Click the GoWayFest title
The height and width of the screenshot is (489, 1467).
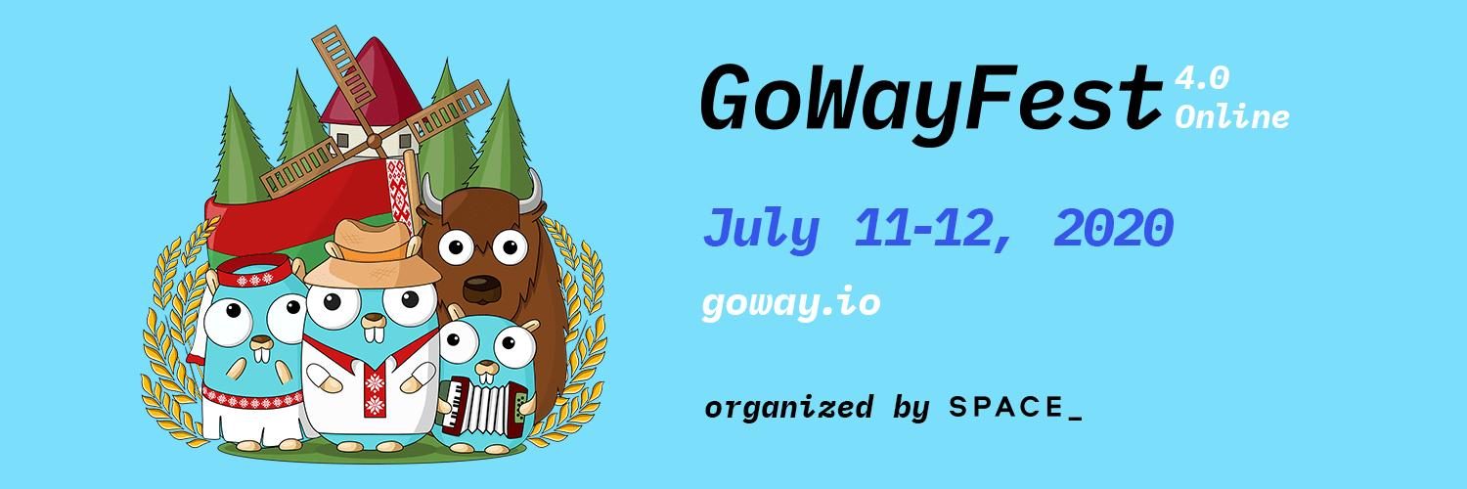pos(931,104)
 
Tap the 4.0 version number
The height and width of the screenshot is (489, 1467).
pos(1201,79)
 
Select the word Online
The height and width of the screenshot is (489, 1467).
pos(1232,117)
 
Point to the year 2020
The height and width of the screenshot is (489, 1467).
pos(1113,228)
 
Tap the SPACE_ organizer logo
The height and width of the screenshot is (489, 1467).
pos(1016,408)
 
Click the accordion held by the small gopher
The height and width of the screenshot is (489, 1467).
pos(485,407)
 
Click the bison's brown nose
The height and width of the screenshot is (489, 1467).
pos(481,287)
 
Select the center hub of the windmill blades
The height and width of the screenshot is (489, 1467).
pos(374,140)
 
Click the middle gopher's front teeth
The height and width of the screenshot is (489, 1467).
pos(374,332)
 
